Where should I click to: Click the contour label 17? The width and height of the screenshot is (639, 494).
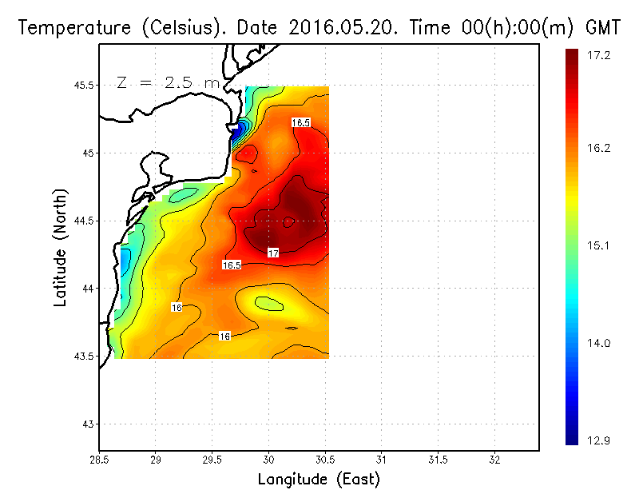tap(272, 253)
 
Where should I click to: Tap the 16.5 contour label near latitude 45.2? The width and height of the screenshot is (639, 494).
tap(300, 122)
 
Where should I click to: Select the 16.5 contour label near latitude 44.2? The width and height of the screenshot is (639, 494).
tap(232, 265)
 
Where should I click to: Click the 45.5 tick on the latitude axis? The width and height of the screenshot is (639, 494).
tap(82, 86)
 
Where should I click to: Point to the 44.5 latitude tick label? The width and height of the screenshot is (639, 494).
tap(82, 221)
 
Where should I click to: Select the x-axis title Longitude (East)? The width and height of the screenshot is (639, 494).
tap(319, 480)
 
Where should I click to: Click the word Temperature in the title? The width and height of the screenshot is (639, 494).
tap(69, 28)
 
